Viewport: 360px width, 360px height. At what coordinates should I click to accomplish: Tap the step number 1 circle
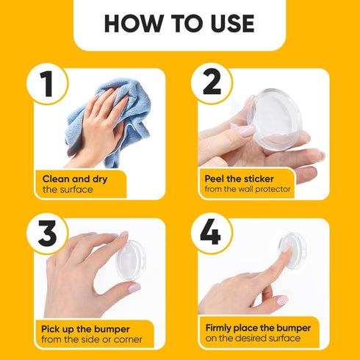click(48, 84)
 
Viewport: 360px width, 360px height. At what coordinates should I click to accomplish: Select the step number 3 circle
click(48, 234)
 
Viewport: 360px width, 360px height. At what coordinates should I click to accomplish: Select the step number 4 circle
click(211, 234)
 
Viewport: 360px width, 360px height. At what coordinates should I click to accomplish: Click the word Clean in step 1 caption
click(57, 179)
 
